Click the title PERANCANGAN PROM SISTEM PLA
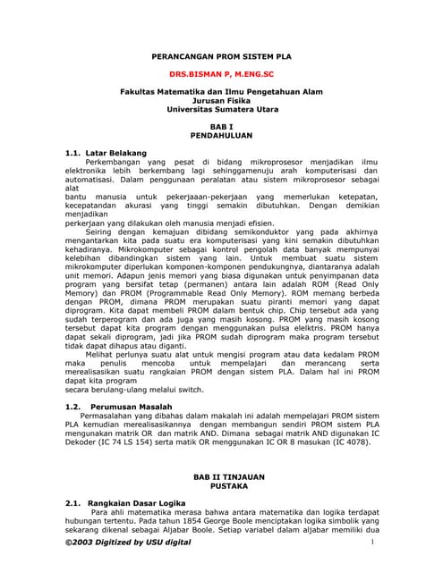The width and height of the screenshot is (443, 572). tap(221, 54)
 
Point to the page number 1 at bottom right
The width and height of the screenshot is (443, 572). tap(370, 542)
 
